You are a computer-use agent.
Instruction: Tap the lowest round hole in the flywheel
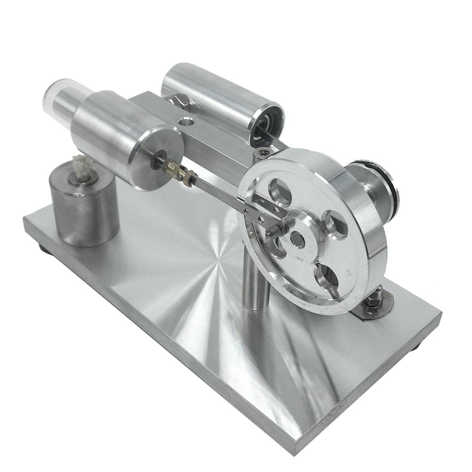(x=328, y=278)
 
